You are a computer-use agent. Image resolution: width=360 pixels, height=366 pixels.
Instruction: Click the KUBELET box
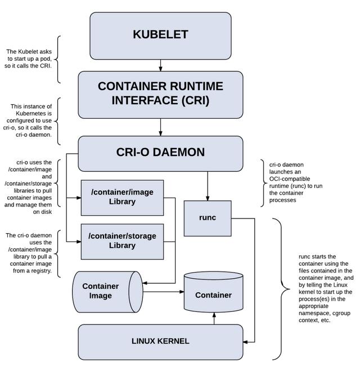(160, 34)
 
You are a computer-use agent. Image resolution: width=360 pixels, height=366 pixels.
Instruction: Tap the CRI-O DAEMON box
(160, 153)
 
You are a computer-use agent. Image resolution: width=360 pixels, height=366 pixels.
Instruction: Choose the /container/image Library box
(122, 197)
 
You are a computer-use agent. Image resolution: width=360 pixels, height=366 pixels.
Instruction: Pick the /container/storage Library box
(122, 240)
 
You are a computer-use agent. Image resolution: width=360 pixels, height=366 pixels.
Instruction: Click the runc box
(208, 218)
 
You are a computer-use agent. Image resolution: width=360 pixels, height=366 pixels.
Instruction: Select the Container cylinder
(213, 294)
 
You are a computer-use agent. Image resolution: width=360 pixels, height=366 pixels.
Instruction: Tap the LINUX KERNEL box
(160, 341)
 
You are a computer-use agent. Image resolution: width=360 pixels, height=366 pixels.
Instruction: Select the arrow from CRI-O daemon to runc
(208, 186)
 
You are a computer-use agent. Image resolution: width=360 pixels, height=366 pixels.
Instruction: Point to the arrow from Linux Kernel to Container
(214, 318)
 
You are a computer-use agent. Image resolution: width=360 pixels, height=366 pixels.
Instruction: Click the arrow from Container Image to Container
(163, 292)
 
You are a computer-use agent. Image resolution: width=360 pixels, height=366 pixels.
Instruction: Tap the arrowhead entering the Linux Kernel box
(246, 341)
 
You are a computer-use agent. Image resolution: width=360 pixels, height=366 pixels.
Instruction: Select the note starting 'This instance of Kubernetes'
(32, 120)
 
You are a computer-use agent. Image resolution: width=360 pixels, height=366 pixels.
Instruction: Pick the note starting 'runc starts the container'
(326, 288)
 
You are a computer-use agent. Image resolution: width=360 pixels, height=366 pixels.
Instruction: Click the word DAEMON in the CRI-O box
(180, 153)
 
